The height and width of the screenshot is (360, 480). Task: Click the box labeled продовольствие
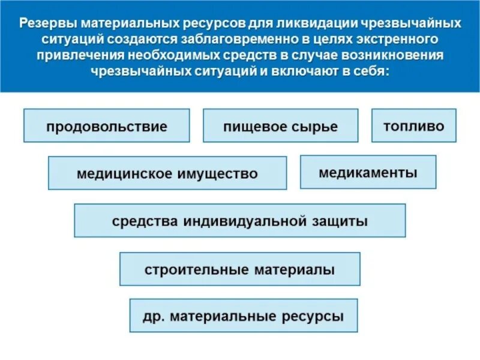(107, 126)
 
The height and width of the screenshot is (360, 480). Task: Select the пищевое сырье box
(280, 126)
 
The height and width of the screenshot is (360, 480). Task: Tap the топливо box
(414, 125)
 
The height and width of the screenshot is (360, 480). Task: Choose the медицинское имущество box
(167, 173)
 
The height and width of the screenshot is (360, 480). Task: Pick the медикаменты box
(368, 172)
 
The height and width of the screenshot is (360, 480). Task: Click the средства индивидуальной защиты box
(239, 221)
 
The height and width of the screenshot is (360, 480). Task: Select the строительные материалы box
(239, 269)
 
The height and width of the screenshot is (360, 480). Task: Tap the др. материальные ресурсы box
(243, 316)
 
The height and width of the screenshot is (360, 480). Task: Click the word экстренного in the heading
(394, 40)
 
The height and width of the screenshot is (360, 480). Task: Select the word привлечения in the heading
(77, 55)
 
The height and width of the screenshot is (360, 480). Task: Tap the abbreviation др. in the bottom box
(151, 316)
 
